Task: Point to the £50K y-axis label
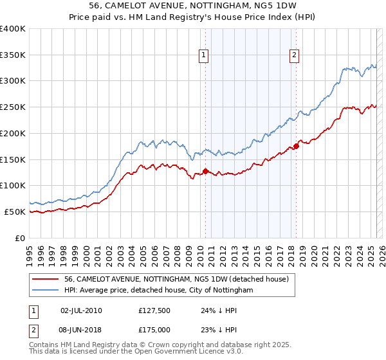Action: [x=15, y=212]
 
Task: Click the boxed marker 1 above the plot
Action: [x=203, y=56]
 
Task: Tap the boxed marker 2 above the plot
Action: [x=294, y=56]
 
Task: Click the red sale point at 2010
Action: [x=205, y=171]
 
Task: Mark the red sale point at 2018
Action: [x=296, y=146]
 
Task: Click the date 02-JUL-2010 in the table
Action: [x=81, y=310]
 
